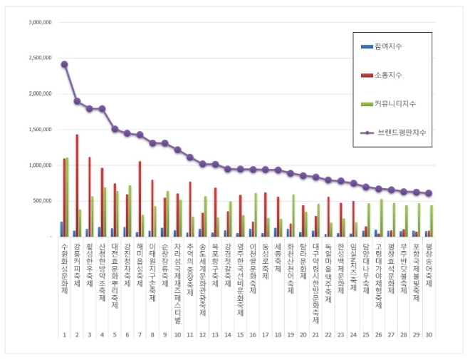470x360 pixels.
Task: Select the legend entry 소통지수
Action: [x=402, y=75]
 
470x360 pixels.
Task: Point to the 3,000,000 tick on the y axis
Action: [x=40, y=22]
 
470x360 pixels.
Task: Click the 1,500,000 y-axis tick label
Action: [x=40, y=129]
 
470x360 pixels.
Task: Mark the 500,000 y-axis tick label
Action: [x=43, y=200]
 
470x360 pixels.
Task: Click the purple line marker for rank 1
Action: [x=64, y=64]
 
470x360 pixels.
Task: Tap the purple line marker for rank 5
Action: [x=115, y=129]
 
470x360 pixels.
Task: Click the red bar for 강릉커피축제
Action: [x=77, y=185]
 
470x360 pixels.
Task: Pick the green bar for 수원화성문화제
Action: [x=68, y=197]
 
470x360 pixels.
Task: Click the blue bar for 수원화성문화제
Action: [x=61, y=229]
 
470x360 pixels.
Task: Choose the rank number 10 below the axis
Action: [x=177, y=334]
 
